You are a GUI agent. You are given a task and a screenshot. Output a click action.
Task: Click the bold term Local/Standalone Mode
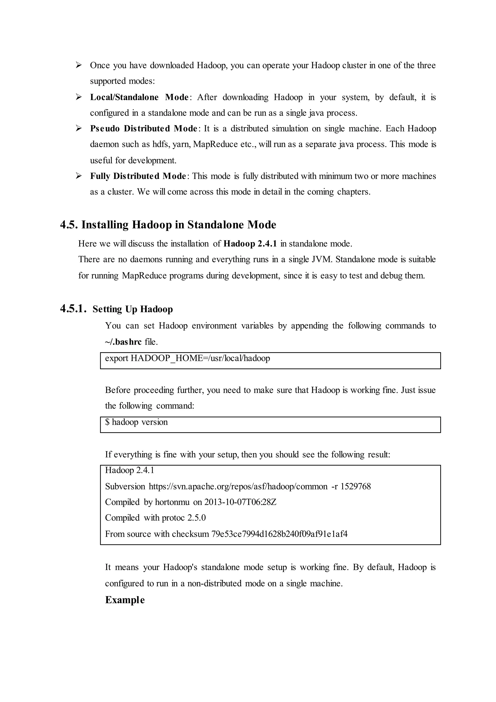pos(139,97)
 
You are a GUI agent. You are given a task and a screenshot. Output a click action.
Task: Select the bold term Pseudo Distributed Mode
pos(144,128)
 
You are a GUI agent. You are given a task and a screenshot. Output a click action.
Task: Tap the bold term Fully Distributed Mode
pos(138,176)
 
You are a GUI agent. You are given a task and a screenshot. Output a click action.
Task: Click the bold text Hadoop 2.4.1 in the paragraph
pos(250,244)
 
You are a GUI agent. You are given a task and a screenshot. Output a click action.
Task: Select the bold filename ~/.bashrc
pos(123,342)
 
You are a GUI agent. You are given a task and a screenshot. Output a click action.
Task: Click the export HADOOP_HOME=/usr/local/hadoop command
pos(187,358)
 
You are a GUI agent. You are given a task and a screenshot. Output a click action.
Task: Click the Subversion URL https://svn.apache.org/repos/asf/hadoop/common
pos(238,487)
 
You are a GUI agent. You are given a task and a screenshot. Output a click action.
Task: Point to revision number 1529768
pos(356,487)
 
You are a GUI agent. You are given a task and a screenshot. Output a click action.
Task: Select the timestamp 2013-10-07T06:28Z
pos(240,502)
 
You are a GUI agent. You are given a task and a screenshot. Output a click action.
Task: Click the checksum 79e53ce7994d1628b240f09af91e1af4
pos(279,534)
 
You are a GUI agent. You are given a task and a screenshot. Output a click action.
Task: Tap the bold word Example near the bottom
pos(125,600)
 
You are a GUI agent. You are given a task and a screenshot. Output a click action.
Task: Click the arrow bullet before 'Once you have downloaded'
pos(78,65)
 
